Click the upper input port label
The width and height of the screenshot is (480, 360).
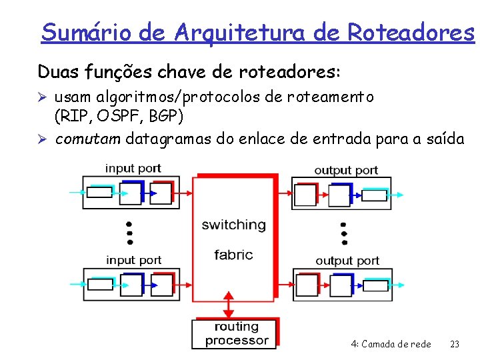point(133,168)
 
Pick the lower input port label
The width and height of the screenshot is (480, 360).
point(133,259)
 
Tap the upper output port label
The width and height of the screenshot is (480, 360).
point(346,169)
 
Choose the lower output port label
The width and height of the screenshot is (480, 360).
point(347,260)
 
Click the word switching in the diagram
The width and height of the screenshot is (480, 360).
point(233,225)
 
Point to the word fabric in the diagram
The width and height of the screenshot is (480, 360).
point(233,254)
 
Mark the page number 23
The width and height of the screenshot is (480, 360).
point(455,345)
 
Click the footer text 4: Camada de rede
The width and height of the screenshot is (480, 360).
point(391,345)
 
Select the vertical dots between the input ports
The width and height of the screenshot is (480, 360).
point(129,233)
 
